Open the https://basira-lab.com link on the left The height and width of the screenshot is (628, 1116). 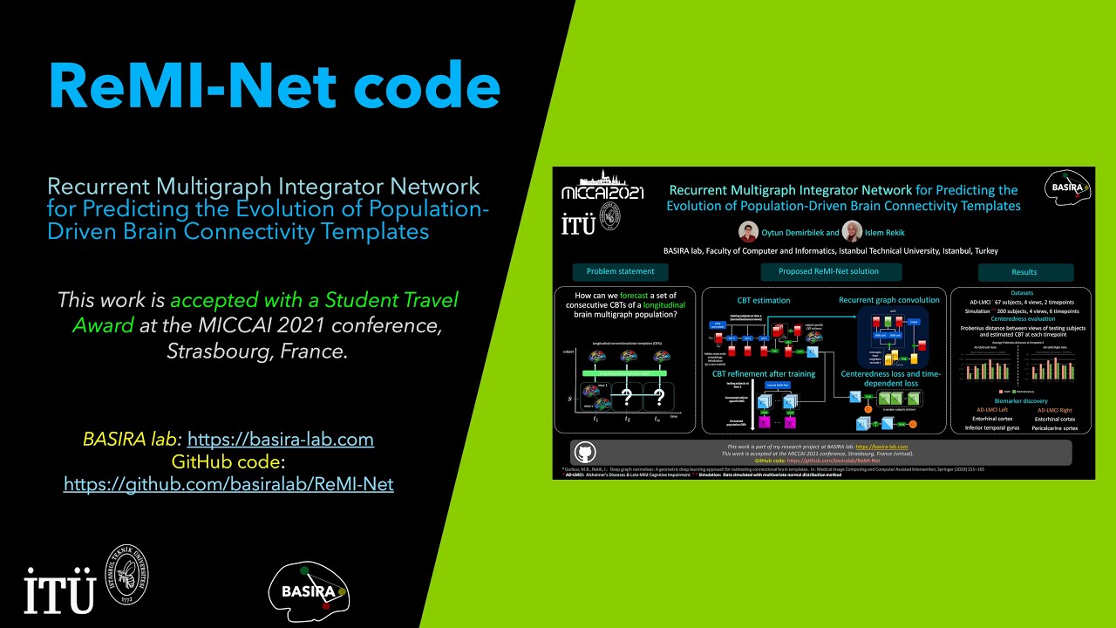281,439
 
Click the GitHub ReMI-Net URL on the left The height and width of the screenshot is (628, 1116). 228,483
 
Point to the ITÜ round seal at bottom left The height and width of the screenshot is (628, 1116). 129,577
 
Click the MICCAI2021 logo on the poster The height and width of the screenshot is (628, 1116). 602,189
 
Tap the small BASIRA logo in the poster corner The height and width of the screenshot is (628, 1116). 1069,187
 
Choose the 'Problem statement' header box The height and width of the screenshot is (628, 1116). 620,271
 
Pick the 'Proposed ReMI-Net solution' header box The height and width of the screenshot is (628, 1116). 828,271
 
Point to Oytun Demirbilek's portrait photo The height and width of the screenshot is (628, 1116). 747,232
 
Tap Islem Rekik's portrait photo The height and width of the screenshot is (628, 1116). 852,232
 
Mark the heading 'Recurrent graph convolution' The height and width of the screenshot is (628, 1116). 888,300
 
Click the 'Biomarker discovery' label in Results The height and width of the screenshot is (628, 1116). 1021,402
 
